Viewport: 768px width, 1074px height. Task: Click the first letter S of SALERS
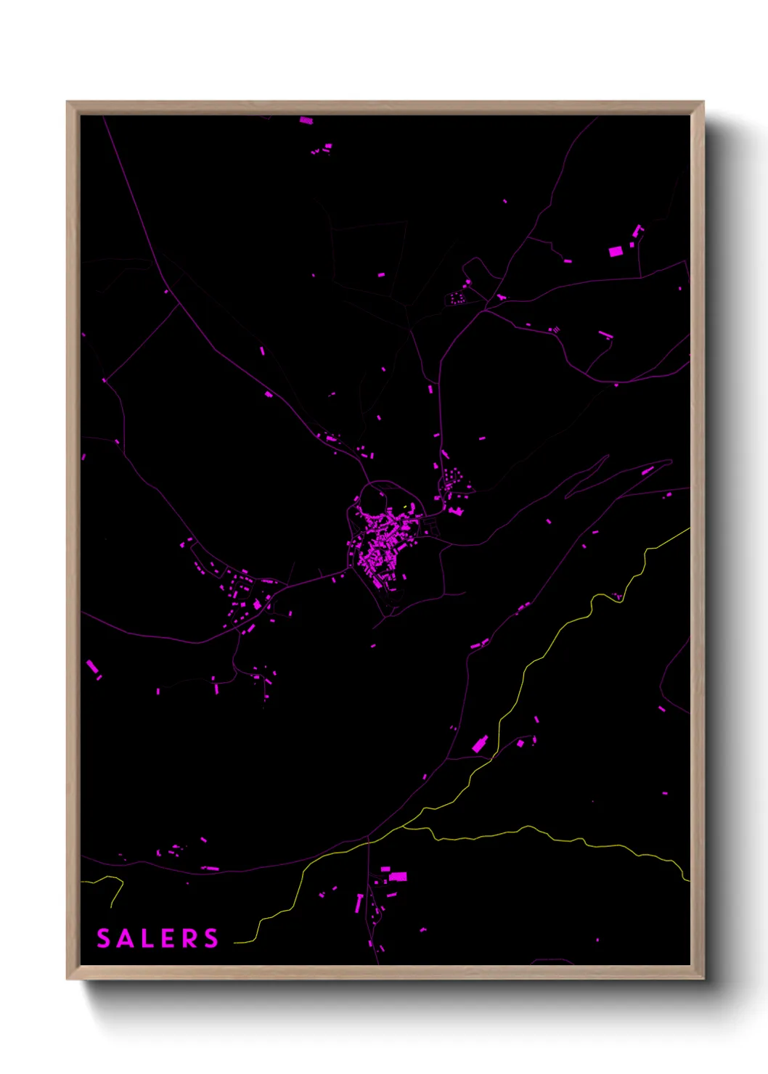click(104, 938)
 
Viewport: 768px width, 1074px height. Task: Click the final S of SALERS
click(211, 938)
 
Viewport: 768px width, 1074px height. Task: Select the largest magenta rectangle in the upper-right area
click(616, 251)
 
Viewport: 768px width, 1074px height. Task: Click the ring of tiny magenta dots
click(457, 298)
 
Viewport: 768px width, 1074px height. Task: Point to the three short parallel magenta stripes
click(556, 329)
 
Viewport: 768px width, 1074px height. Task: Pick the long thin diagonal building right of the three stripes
click(605, 335)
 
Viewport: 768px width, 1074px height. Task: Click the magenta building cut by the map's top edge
click(306, 120)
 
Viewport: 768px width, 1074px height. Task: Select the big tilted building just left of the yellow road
click(480, 745)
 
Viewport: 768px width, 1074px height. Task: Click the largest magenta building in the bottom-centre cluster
click(398, 877)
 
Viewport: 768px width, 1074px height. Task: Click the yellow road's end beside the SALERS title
click(237, 943)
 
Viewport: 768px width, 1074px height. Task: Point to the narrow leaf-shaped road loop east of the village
click(587, 476)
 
